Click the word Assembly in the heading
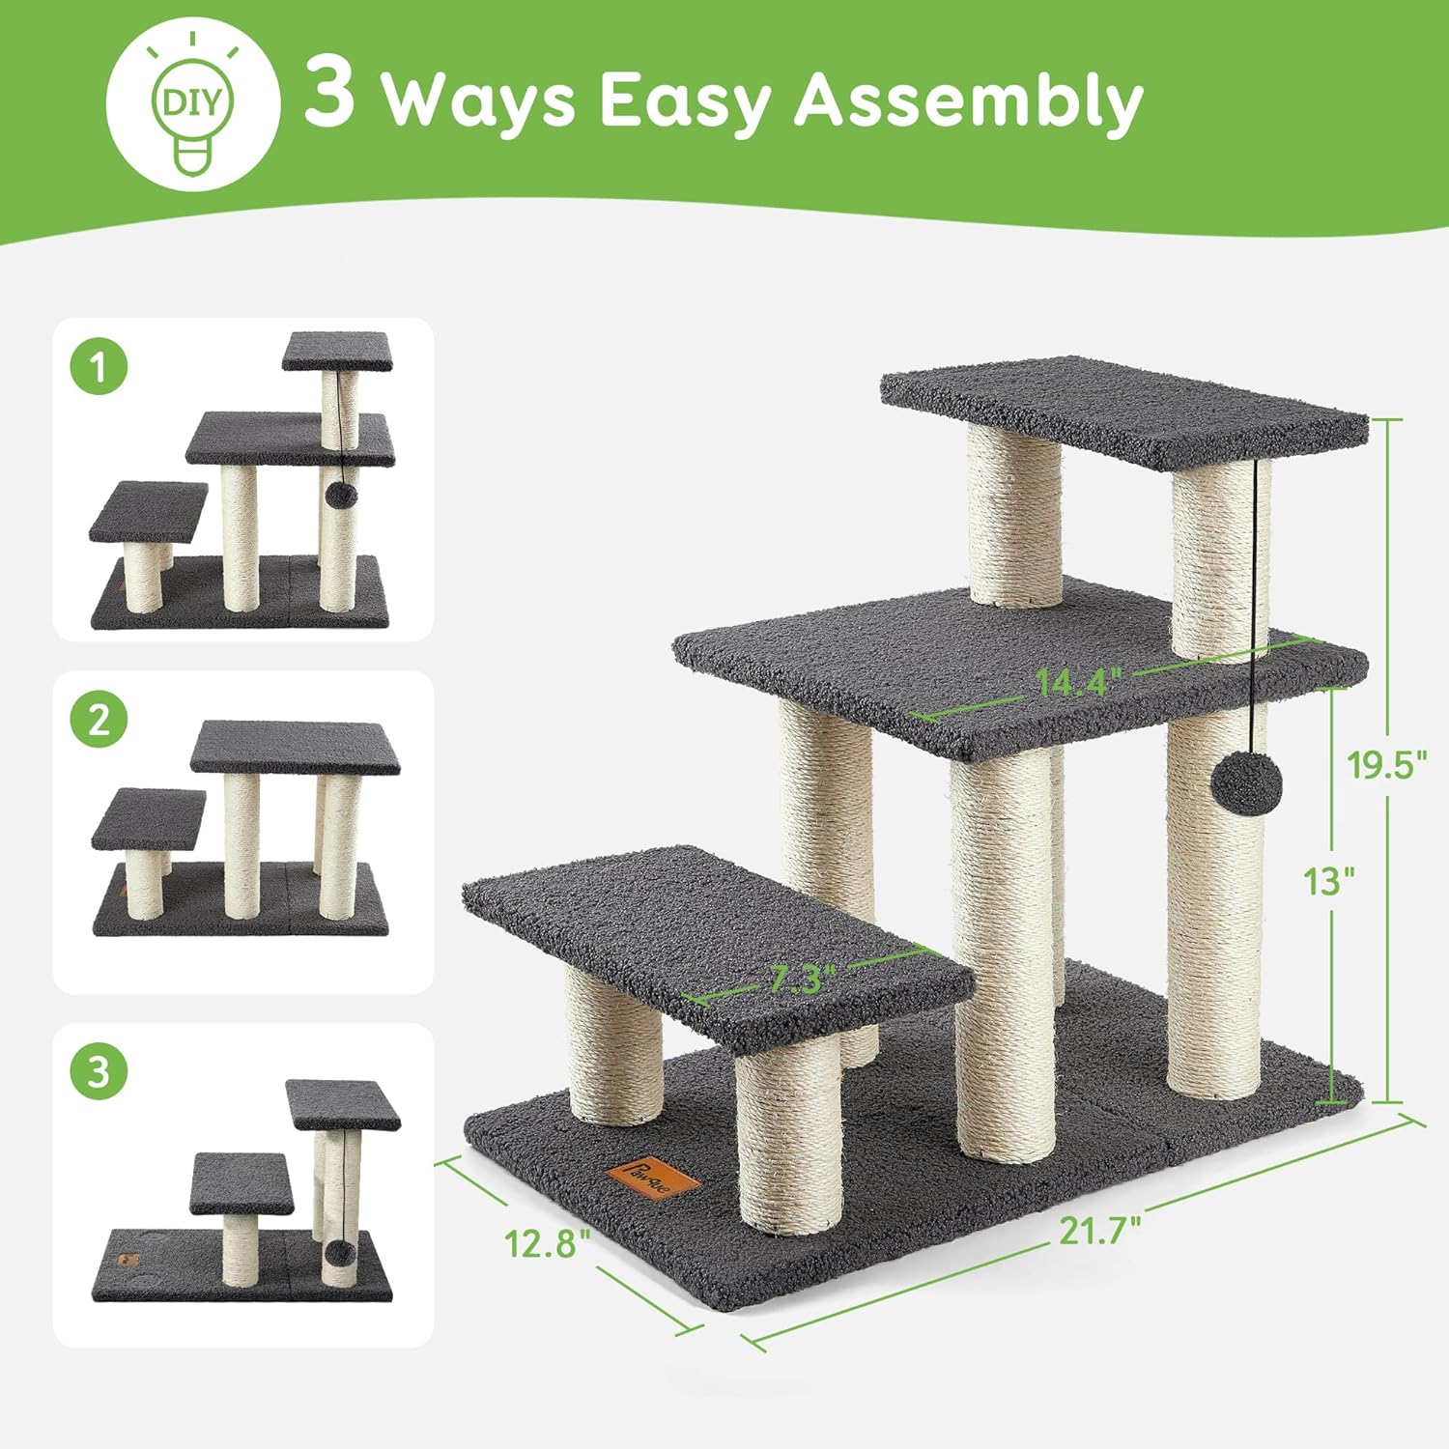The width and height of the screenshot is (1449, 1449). tap(968, 100)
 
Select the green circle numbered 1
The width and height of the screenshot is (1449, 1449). tap(99, 367)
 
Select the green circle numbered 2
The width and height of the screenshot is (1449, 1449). tap(99, 720)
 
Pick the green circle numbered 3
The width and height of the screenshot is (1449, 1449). tap(99, 1071)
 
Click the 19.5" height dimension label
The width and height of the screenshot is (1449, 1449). tap(1386, 764)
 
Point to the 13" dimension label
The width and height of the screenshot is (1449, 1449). tap(1328, 881)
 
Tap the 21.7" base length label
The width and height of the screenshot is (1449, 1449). tap(1099, 1231)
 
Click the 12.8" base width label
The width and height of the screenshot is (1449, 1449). tap(548, 1242)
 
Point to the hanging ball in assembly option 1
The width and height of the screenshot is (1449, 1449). tap(340, 496)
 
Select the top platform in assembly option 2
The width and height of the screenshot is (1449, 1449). tap(295, 747)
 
